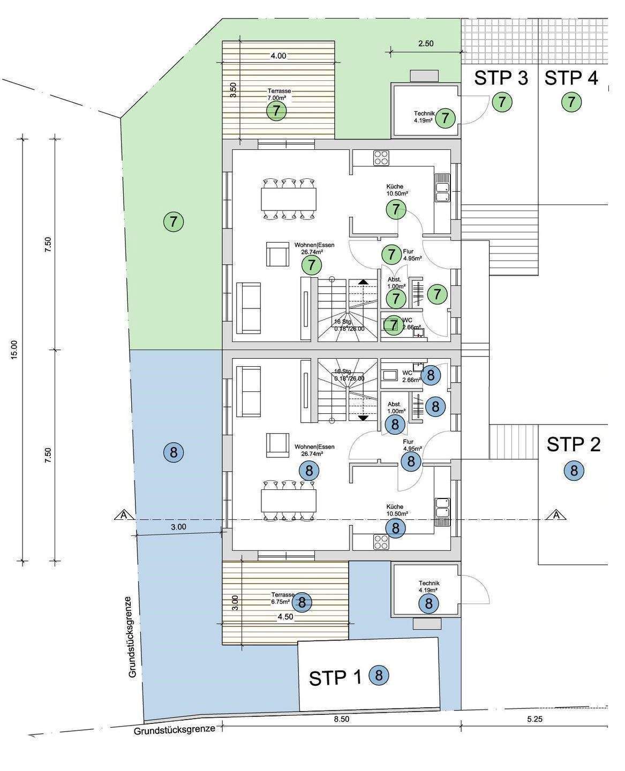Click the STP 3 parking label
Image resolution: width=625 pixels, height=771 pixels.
[501, 78]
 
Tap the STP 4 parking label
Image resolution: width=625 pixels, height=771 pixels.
[571, 78]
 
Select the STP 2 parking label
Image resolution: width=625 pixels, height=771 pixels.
[574, 444]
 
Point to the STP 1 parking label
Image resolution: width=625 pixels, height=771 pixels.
[336, 678]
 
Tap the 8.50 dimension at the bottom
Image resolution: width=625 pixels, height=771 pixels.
[341, 719]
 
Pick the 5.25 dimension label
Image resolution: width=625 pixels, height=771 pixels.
[534, 719]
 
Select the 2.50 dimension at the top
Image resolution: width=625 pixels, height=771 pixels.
[425, 44]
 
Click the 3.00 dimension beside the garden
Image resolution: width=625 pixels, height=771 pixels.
[178, 527]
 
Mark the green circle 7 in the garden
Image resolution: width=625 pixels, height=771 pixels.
[174, 221]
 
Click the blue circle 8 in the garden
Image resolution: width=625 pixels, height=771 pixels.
[174, 453]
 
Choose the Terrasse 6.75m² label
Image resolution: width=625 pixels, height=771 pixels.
[282, 598]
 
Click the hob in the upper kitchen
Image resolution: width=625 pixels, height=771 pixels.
[381, 158]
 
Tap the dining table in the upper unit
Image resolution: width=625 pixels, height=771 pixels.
[288, 199]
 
